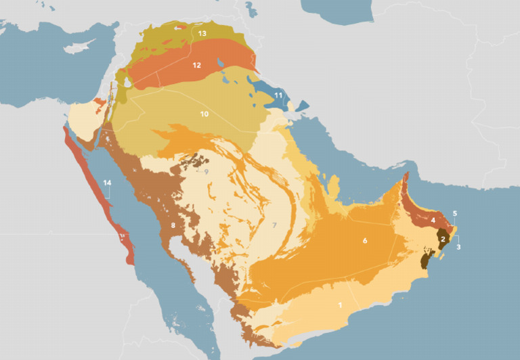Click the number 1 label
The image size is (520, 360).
click(339, 305)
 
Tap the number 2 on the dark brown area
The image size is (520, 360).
click(443, 239)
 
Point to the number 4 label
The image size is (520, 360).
click(433, 221)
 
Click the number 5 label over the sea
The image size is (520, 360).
click(455, 214)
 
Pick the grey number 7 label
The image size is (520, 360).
click(275, 225)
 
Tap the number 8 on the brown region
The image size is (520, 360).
click(173, 225)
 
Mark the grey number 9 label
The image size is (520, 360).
click(206, 172)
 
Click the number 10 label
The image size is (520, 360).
click(204, 114)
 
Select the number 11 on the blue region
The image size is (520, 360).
click(278, 96)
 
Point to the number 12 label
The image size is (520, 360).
click(196, 66)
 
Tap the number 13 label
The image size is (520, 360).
click(202, 32)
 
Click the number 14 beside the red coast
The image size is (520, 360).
click(107, 183)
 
